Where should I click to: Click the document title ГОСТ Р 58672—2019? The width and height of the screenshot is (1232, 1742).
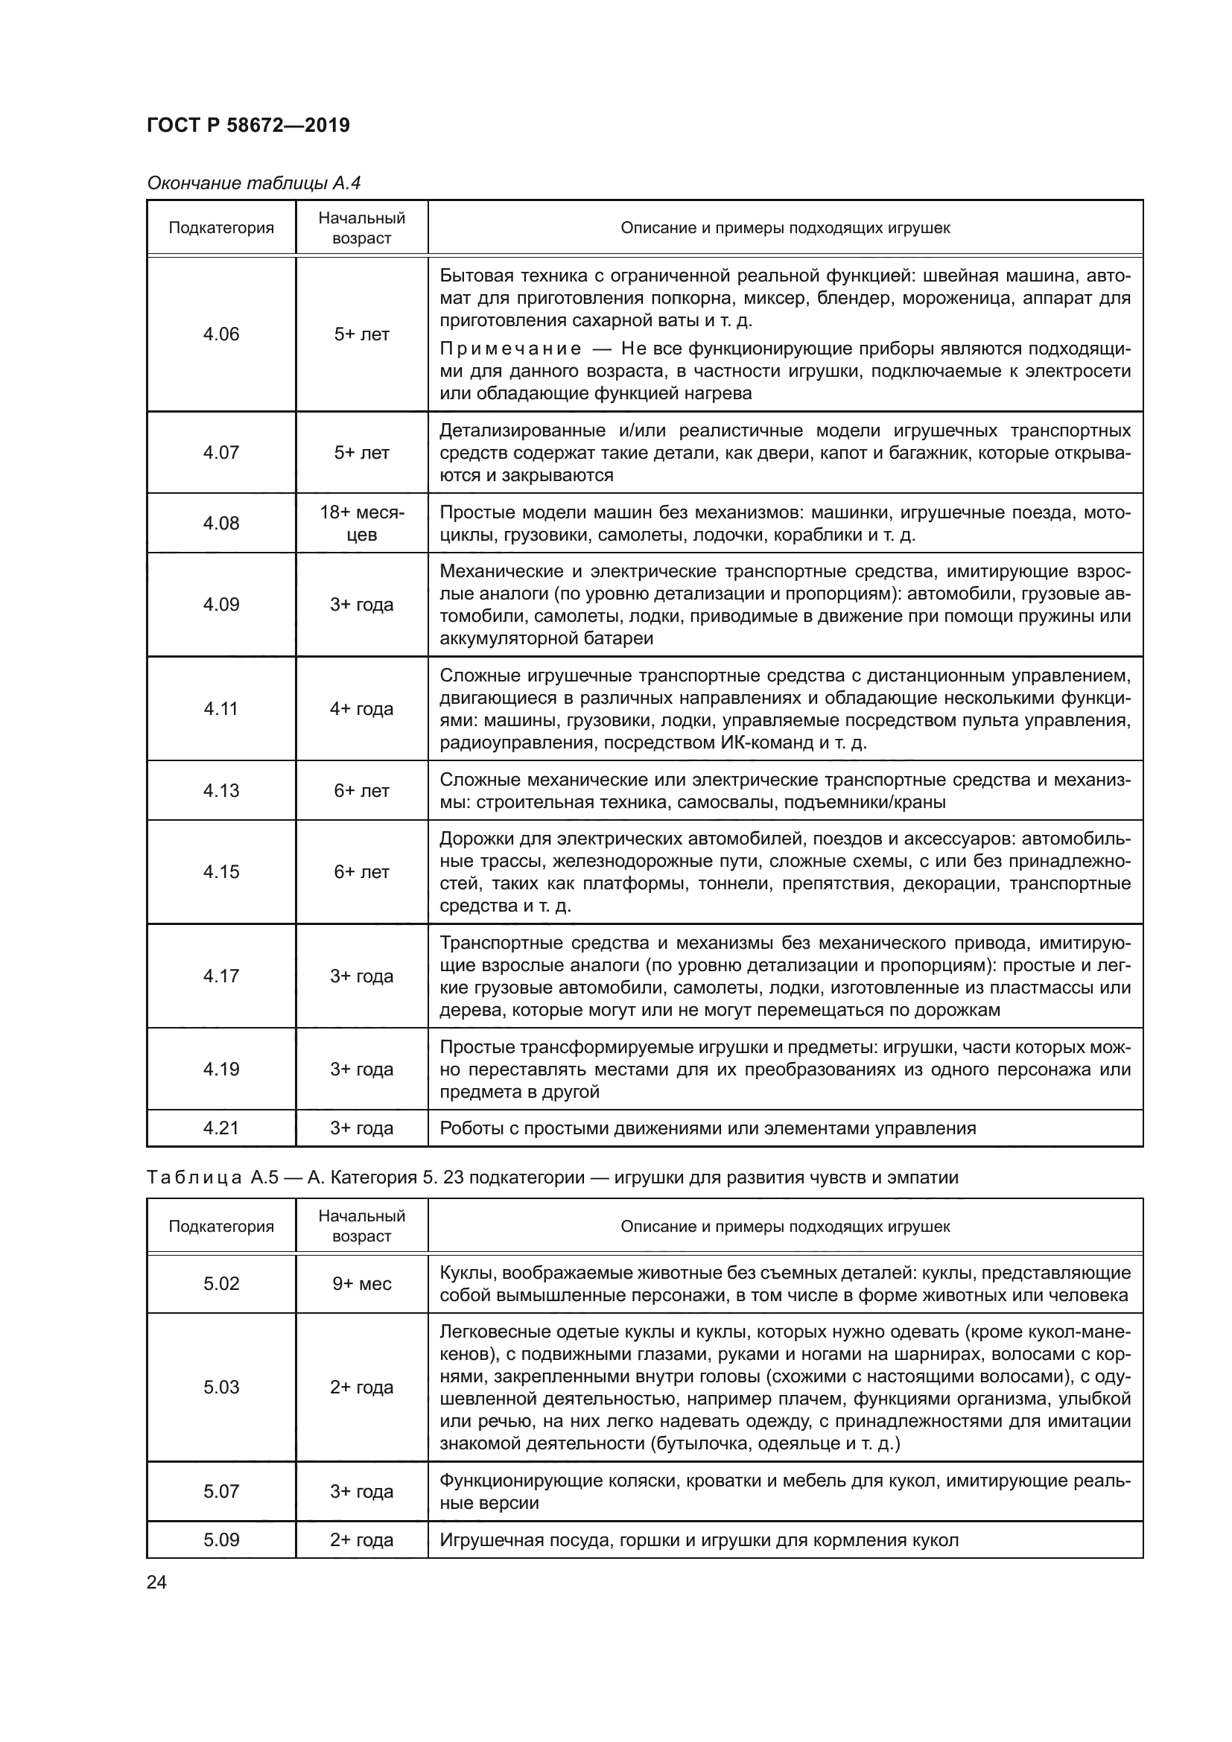pyautogui.click(x=248, y=125)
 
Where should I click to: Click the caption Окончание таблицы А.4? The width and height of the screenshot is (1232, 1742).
pyautogui.click(x=253, y=183)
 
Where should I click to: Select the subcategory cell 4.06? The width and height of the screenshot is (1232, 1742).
pyautogui.click(x=220, y=334)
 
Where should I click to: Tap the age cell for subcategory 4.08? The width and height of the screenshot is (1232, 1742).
pyautogui.click(x=361, y=524)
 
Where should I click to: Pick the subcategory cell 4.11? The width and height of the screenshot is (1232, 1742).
pyautogui.click(x=220, y=708)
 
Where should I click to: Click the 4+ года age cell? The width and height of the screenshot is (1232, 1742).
pyautogui.click(x=361, y=708)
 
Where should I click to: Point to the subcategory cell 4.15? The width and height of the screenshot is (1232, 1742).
pyautogui.click(x=220, y=872)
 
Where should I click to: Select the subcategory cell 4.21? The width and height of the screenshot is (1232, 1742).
pyautogui.click(x=220, y=1128)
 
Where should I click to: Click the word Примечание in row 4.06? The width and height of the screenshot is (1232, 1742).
pyautogui.click(x=509, y=349)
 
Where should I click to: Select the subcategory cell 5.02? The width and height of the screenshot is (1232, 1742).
pyautogui.click(x=220, y=1284)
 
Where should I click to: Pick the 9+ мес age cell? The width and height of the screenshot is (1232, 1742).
pyautogui.click(x=361, y=1284)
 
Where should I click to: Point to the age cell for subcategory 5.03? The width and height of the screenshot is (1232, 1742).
pyautogui.click(x=361, y=1387)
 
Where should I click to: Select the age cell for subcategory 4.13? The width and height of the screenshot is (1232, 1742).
pyautogui.click(x=361, y=791)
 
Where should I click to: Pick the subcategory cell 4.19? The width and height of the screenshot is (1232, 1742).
pyautogui.click(x=220, y=1069)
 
